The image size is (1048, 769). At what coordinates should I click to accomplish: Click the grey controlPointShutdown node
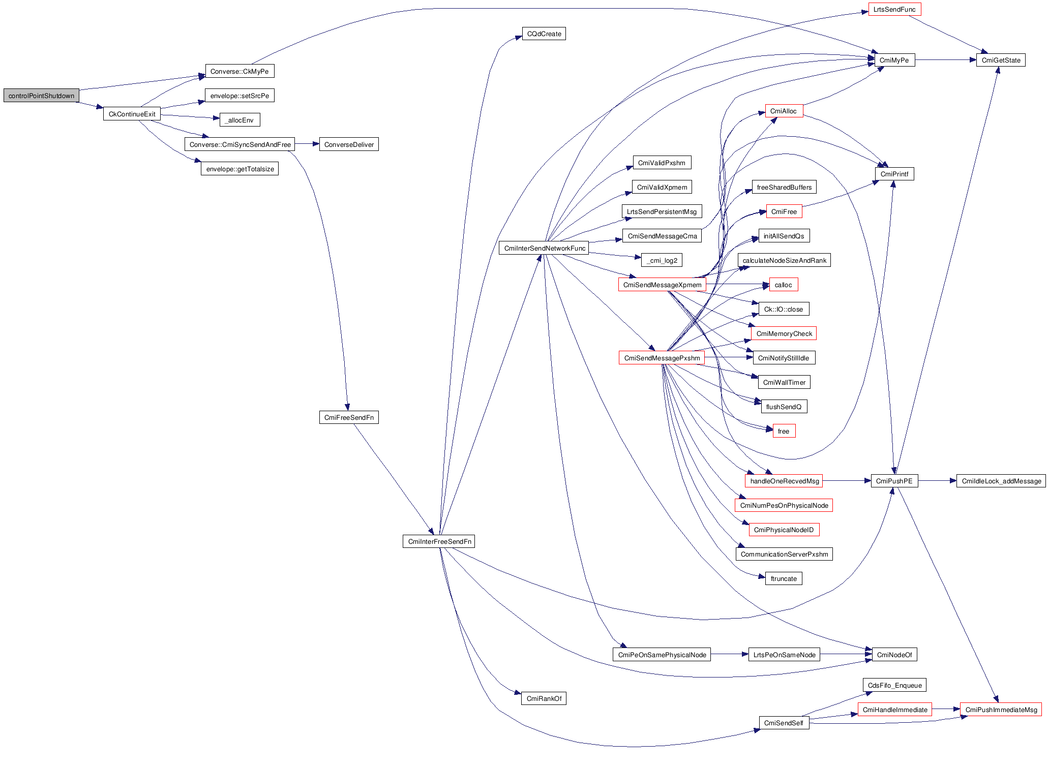[x=41, y=96]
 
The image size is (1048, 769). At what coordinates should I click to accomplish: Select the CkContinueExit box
[x=132, y=114]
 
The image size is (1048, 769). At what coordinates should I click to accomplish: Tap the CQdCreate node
[x=544, y=34]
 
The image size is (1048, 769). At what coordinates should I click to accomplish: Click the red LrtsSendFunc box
[x=894, y=10]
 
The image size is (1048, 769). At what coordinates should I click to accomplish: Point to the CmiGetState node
[x=1000, y=60]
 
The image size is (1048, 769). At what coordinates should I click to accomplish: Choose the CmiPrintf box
[x=894, y=174]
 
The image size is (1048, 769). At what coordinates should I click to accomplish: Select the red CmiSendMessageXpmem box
[x=662, y=285]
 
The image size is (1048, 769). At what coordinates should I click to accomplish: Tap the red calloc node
[x=783, y=285]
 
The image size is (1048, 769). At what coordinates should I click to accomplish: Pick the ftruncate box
[x=783, y=578]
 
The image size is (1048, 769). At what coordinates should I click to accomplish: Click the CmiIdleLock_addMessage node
[x=1001, y=481]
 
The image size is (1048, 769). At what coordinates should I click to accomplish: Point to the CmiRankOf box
[x=544, y=698]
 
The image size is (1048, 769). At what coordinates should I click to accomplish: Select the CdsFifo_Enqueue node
[x=894, y=685]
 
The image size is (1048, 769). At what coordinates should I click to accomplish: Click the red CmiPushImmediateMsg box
[x=1000, y=710]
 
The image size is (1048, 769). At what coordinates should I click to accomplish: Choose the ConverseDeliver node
[x=349, y=144]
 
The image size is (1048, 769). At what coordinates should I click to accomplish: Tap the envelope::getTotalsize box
[x=239, y=169]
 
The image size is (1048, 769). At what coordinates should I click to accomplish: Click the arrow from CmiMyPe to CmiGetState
[x=945, y=60]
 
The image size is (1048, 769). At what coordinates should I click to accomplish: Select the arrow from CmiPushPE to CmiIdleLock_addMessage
[x=937, y=481]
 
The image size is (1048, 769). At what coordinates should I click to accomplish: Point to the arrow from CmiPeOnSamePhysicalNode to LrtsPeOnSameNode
[x=729, y=654]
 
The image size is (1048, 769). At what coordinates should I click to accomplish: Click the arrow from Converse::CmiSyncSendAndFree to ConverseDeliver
[x=307, y=144]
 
